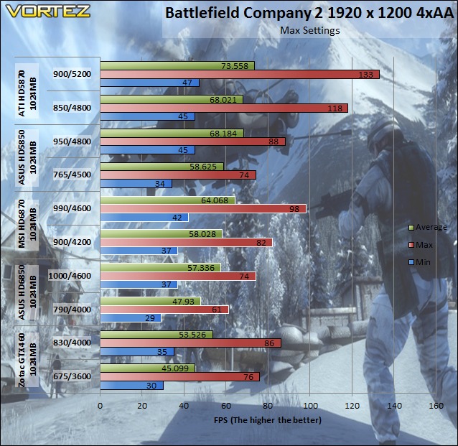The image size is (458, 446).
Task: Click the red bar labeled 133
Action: point(240,75)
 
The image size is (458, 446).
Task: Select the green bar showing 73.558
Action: point(177,66)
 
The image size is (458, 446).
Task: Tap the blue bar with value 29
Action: point(131,318)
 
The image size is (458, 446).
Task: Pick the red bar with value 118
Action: point(224,108)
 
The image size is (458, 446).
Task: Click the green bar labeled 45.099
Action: point(147,368)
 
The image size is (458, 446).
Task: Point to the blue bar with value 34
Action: point(136,184)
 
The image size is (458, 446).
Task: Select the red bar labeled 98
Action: point(203,209)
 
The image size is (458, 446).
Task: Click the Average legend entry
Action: point(428,227)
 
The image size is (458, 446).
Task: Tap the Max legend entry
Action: point(421,245)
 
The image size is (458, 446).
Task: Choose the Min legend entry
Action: point(419,262)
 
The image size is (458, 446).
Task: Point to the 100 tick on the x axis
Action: point(310,406)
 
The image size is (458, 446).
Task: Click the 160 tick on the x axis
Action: point(436,406)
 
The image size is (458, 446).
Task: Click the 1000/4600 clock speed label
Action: point(70,276)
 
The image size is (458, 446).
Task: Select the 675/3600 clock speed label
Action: point(73,376)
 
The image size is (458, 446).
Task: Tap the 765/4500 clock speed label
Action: point(73,175)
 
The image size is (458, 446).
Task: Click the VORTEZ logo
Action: point(47,11)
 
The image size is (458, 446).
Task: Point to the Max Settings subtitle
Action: point(310,30)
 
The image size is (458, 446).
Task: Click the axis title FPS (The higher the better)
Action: point(268,420)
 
